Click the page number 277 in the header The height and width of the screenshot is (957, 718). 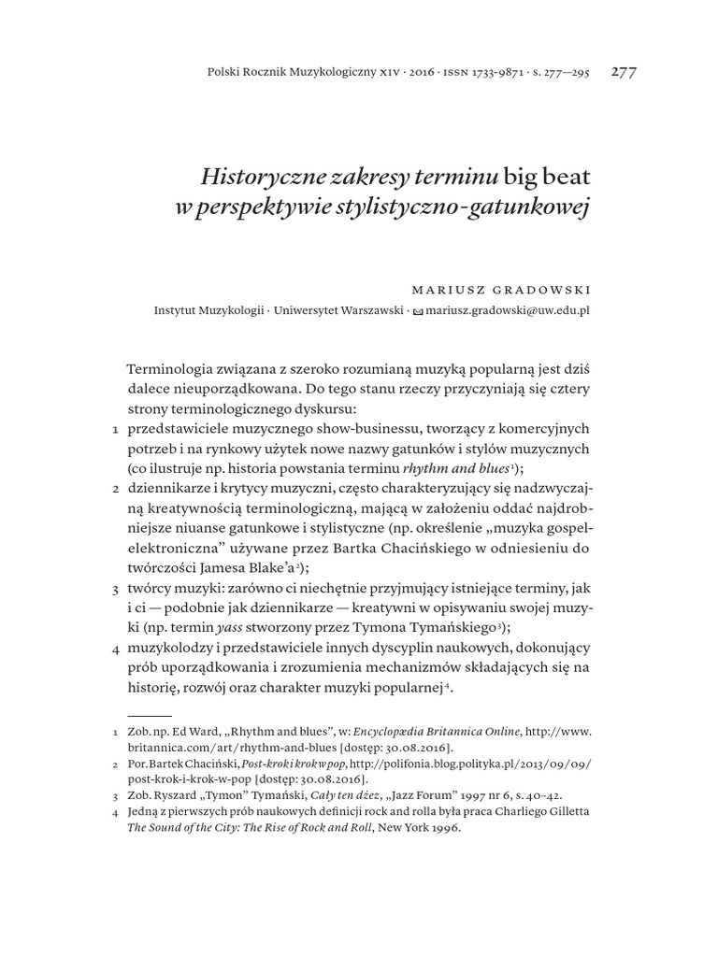(x=624, y=73)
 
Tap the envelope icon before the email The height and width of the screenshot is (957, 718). (x=418, y=310)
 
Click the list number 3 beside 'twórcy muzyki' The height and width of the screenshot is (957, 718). (x=114, y=591)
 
